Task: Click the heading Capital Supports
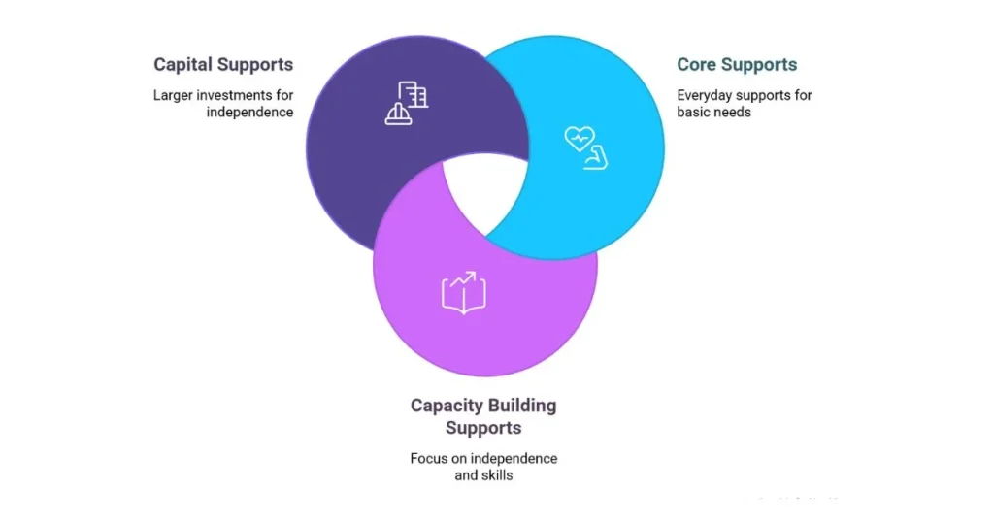tap(223, 65)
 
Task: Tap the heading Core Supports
tap(737, 65)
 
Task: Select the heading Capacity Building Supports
tap(483, 416)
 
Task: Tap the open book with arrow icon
tap(464, 292)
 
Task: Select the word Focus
tap(430, 458)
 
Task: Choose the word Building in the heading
tap(522, 406)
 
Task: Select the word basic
tap(697, 112)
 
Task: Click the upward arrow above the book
tap(470, 279)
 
